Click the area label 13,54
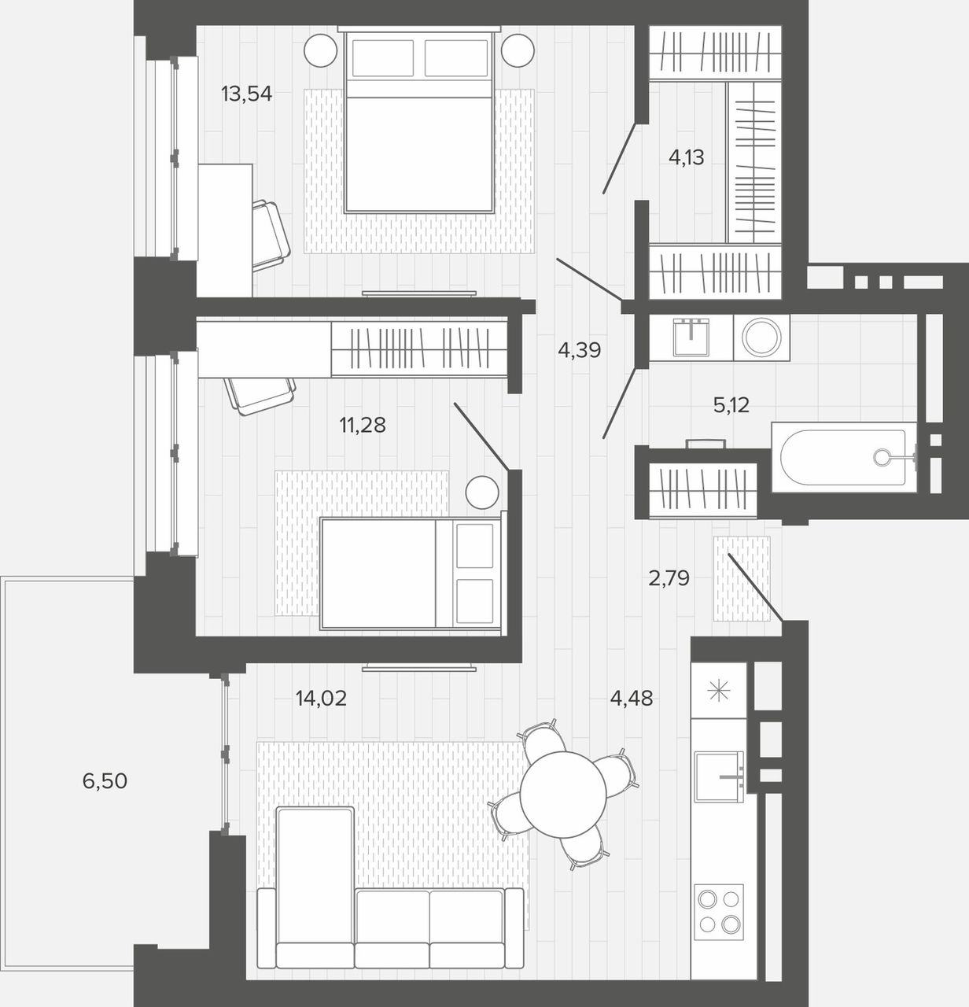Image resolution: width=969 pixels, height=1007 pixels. [x=246, y=94]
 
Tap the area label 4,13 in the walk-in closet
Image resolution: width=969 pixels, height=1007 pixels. [x=687, y=157]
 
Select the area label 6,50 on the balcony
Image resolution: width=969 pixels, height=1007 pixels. [x=105, y=780]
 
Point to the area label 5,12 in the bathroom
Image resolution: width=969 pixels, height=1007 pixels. [x=731, y=404]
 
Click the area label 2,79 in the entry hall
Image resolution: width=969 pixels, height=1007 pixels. [x=669, y=577]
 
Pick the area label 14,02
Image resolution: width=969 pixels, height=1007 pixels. [x=321, y=698]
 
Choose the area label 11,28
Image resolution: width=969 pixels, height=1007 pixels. [x=363, y=425]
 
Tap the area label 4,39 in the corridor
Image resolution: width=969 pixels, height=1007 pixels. [x=580, y=350]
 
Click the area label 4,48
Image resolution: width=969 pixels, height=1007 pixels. [x=631, y=698]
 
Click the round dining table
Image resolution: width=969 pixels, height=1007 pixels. [x=563, y=795]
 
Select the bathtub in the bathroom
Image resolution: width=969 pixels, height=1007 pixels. [x=844, y=457]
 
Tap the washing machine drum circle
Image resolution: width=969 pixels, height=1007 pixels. [x=761, y=337]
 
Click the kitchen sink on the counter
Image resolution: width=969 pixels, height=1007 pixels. [x=719, y=776]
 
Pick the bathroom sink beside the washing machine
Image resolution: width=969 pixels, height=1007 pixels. [x=691, y=338]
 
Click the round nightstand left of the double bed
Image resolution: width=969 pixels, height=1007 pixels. [x=321, y=50]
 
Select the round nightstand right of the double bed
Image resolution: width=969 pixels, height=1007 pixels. [x=518, y=50]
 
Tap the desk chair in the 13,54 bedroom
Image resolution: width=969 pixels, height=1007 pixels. [x=271, y=235]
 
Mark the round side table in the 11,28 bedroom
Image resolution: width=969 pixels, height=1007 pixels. [x=482, y=492]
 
